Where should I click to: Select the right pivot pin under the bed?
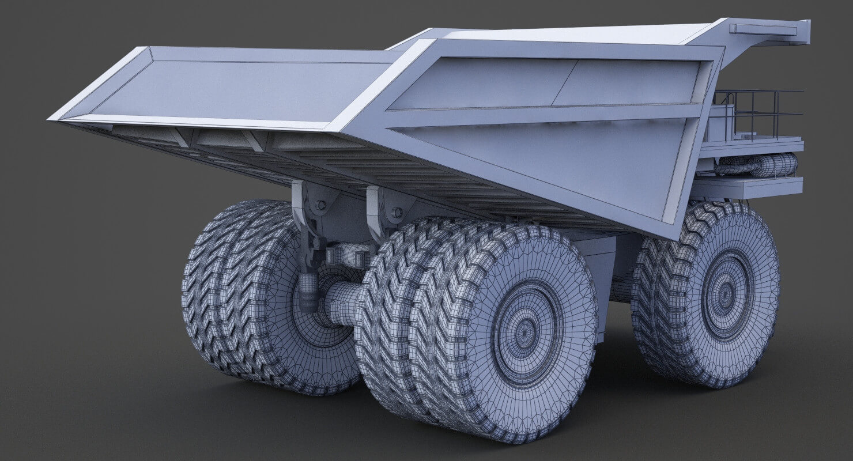(397, 213)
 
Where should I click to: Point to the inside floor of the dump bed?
(231, 86)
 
